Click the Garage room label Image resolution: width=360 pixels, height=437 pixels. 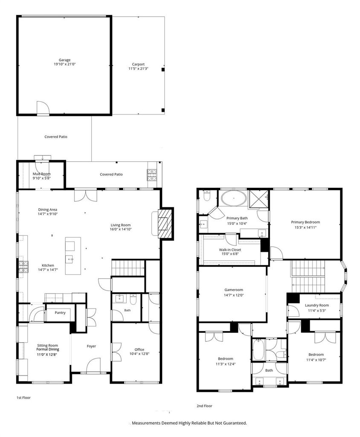64,60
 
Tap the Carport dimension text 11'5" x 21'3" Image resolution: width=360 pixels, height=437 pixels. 138,69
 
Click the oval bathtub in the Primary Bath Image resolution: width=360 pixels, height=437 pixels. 234,198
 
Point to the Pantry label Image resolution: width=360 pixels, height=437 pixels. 60,313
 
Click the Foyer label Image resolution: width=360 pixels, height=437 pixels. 91,346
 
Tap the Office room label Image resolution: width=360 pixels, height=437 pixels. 139,350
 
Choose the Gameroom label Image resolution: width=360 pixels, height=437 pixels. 234,290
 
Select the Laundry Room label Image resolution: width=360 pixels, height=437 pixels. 317,305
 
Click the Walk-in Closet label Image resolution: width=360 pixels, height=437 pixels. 230,250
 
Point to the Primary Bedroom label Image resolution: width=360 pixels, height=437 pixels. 305,222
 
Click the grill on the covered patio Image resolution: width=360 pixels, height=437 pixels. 152,175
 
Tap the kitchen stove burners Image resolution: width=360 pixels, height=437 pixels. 23,266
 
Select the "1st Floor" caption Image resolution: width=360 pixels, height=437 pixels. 23,398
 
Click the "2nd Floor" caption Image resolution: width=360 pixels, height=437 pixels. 204,406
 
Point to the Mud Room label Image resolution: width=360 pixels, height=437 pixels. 42,174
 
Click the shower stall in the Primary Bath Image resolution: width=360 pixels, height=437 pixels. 258,199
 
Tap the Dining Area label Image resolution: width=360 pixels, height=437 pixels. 48,210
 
